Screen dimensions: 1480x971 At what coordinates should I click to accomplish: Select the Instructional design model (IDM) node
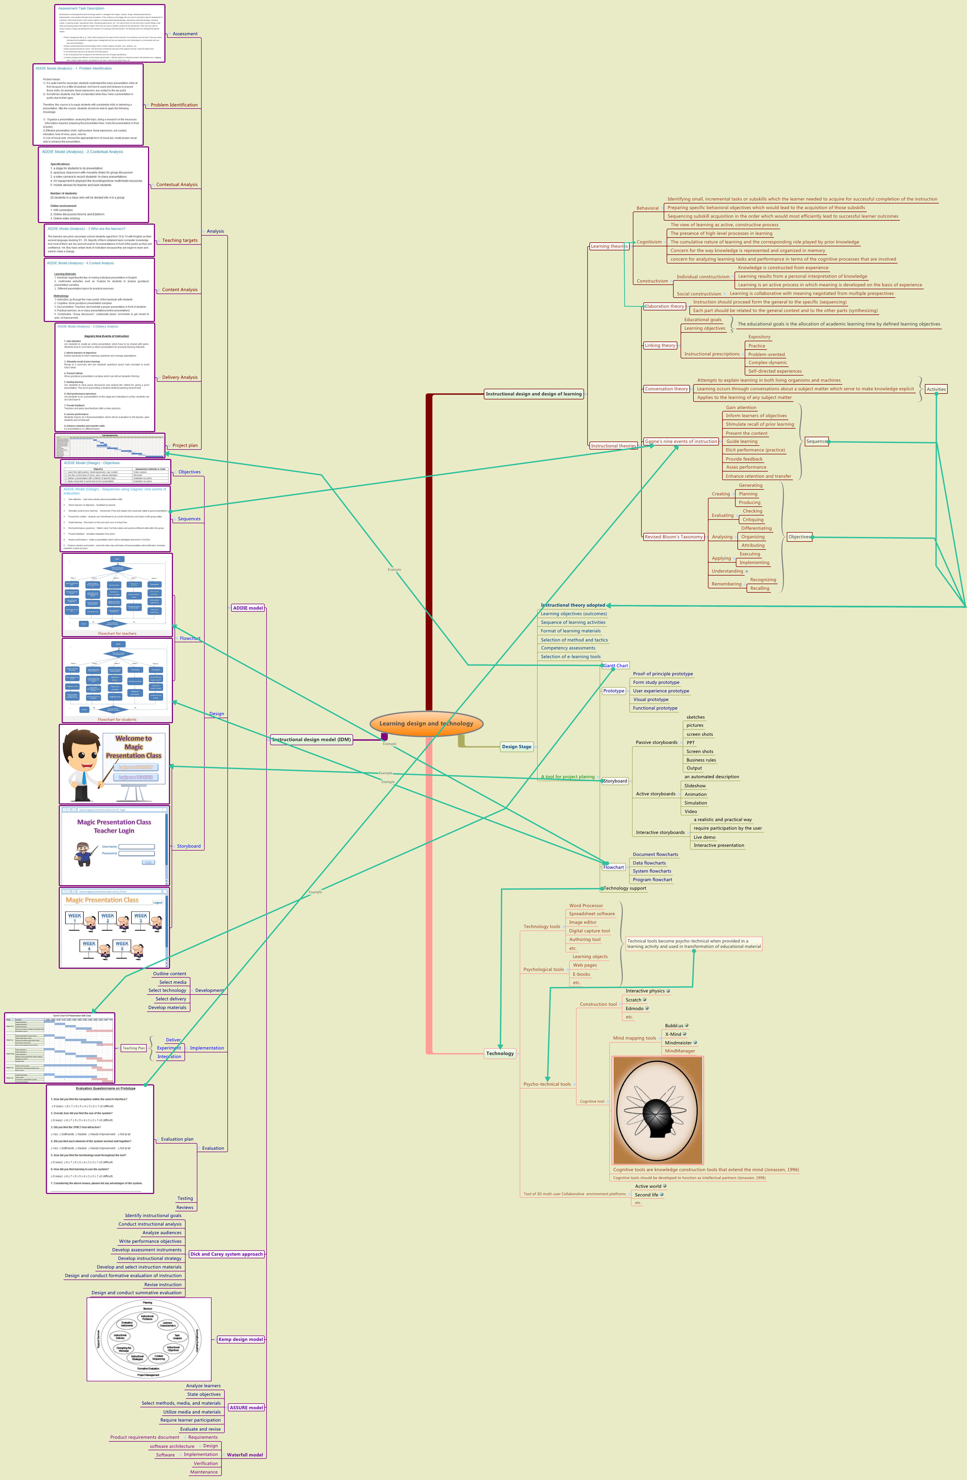coord(312,739)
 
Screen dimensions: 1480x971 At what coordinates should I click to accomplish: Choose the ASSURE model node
coord(246,1407)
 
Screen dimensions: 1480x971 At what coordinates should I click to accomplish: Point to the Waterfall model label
coord(245,1455)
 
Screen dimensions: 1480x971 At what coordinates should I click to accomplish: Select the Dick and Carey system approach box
coord(226,1254)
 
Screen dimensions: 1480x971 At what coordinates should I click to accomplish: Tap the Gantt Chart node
coord(616,665)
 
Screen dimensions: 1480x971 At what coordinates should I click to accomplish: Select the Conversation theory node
coord(666,389)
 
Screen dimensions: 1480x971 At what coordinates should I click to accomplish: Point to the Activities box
coord(936,389)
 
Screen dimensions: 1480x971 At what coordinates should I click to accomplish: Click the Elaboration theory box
coord(664,306)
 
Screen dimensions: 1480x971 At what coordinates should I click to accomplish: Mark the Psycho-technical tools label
coord(547,1084)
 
